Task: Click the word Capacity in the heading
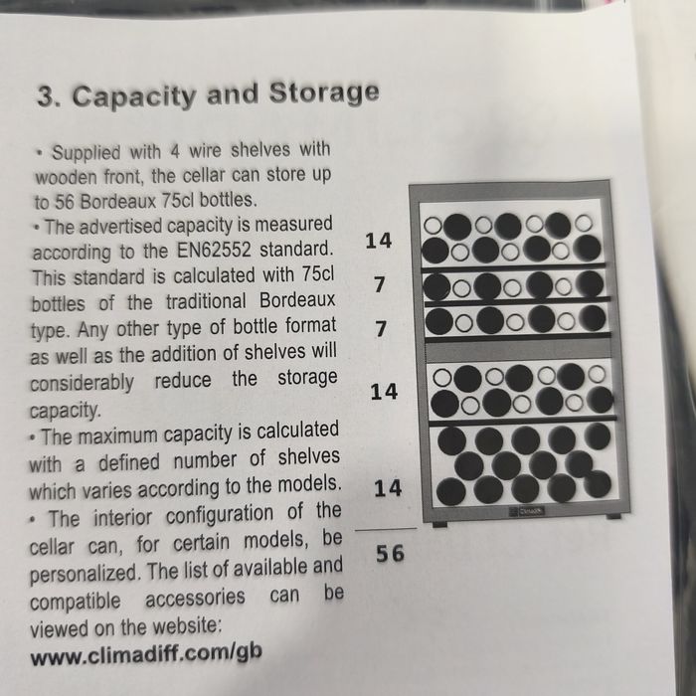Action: tap(134, 96)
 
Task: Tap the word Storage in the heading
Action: tap(324, 92)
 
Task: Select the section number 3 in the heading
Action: tap(45, 96)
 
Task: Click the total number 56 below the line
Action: tap(390, 554)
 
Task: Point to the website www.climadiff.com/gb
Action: tap(146, 654)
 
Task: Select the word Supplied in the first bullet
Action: tap(87, 152)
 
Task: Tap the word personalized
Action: tap(84, 573)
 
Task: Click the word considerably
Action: tap(82, 383)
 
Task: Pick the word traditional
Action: tap(206, 302)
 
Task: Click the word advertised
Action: tap(120, 227)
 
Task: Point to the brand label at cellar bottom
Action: tap(526, 511)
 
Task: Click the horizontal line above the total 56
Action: tap(386, 529)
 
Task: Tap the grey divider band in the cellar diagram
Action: tap(518, 350)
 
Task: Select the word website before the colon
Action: tap(185, 626)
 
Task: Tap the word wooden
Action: tap(66, 178)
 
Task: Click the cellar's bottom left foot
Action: tap(439, 525)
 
